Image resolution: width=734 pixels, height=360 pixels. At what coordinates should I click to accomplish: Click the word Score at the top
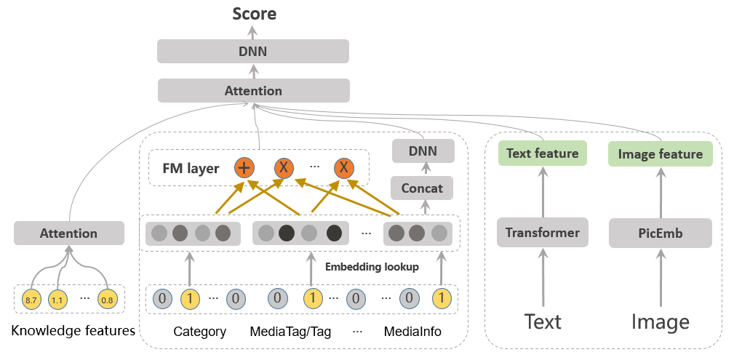(254, 13)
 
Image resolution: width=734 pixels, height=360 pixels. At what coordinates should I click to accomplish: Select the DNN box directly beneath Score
(253, 51)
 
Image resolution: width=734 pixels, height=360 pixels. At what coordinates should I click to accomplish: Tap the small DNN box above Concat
(423, 151)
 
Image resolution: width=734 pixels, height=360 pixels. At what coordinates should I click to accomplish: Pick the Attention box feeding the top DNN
(253, 91)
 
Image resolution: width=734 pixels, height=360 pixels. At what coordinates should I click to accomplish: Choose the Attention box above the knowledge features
(69, 233)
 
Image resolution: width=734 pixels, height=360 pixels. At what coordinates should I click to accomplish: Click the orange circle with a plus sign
(244, 168)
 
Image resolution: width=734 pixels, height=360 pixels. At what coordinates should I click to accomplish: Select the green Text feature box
(543, 153)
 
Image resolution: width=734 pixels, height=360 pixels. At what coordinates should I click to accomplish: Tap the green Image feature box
(660, 153)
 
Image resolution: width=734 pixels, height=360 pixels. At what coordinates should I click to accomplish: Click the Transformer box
(543, 233)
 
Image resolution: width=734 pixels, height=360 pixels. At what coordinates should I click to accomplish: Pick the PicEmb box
(660, 233)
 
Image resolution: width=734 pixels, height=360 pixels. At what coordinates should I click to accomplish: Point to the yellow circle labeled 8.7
(31, 299)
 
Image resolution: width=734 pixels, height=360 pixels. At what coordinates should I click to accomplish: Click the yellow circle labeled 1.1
(57, 299)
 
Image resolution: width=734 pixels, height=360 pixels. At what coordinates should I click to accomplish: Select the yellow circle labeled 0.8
(108, 299)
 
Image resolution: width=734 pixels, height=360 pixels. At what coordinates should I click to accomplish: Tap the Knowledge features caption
(73, 331)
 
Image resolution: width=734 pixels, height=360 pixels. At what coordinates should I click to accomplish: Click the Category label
(199, 332)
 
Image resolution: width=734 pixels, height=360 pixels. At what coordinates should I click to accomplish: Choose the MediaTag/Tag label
(290, 332)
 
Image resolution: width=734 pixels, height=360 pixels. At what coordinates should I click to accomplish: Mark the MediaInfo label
(412, 332)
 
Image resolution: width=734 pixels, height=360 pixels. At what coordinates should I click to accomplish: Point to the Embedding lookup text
(372, 267)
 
